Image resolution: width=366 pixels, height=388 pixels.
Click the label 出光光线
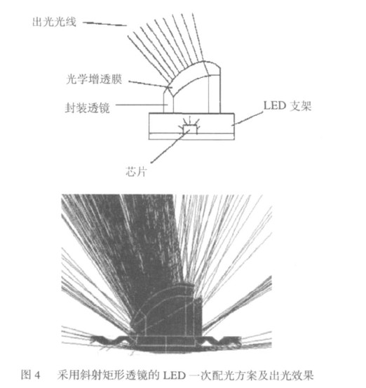54,22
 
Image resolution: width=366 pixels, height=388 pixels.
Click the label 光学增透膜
94,79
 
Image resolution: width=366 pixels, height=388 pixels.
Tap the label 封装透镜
88,108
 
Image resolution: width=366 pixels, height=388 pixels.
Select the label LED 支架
287,106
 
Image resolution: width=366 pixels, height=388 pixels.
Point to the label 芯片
136,171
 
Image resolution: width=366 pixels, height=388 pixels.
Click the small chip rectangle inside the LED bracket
190,129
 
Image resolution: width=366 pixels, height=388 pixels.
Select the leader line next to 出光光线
104,24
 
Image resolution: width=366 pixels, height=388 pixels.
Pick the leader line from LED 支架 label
248,119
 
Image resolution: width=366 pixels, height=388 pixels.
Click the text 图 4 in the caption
30,375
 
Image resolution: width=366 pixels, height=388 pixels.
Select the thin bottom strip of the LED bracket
191,137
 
